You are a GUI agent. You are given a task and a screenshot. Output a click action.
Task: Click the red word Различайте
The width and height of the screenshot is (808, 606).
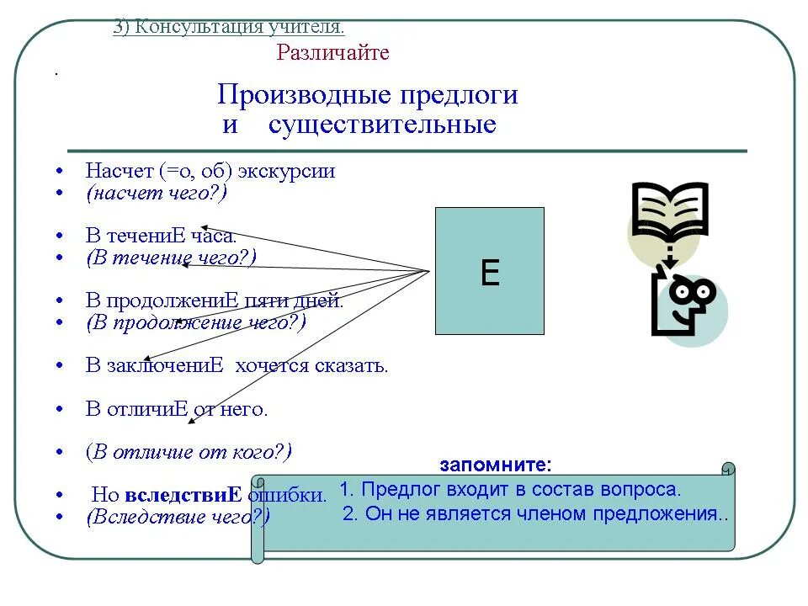coord(332,53)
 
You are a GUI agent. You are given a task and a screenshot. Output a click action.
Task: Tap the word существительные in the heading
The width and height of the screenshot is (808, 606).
coord(382,125)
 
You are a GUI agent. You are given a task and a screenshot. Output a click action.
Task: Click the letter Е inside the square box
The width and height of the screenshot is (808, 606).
coord(490,273)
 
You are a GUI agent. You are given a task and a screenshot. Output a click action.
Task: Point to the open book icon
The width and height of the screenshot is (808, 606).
coord(670,210)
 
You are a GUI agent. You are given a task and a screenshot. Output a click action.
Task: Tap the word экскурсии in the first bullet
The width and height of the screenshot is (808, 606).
coord(286,171)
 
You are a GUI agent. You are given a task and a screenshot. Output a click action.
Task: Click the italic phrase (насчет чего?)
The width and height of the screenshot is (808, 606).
coord(157,193)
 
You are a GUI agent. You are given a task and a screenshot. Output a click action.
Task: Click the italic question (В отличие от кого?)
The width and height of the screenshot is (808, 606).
coord(189,452)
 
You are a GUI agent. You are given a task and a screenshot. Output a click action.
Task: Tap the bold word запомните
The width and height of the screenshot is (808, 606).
coord(496,465)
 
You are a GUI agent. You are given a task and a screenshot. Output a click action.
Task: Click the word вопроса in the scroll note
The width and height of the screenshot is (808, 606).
coord(641,489)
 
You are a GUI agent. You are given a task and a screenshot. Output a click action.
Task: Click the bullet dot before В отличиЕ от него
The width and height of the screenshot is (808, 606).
coord(60,410)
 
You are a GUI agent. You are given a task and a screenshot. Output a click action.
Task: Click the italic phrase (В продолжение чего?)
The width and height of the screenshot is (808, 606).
coord(195,322)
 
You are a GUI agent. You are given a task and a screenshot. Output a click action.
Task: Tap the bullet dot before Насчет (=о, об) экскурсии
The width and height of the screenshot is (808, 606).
coord(60,172)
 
